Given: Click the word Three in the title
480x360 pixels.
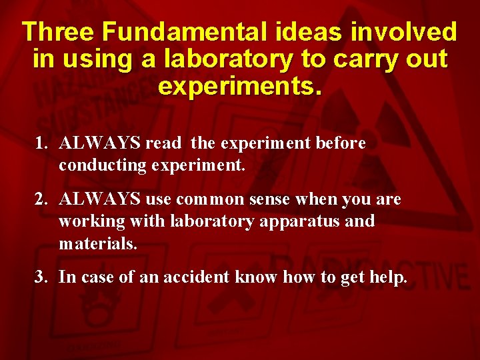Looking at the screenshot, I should pos(59,32).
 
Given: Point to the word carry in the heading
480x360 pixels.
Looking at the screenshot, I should pos(366,59).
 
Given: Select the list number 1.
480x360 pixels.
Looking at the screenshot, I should pos(41,143).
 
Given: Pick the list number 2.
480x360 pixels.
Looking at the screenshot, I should pos(41,199).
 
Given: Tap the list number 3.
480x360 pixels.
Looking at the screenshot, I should pos(41,277).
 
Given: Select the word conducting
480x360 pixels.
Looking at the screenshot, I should pos(97,165).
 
